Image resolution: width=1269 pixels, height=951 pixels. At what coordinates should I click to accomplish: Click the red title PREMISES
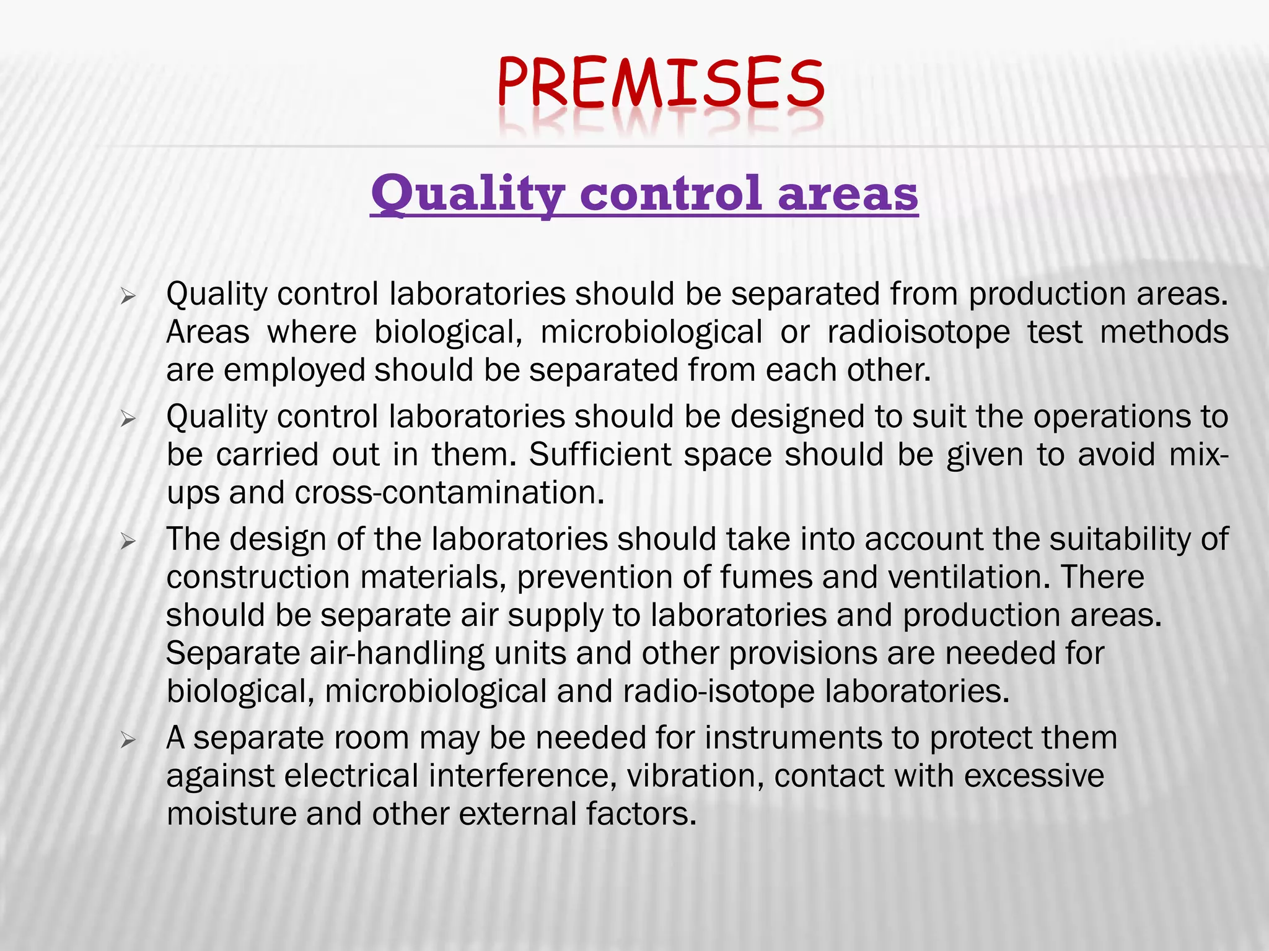pyautogui.click(x=661, y=83)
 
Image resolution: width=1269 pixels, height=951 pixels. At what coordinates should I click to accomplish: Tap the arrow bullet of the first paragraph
pyautogui.click(x=128, y=297)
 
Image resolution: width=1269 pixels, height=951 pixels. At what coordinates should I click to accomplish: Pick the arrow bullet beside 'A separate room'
pyautogui.click(x=128, y=740)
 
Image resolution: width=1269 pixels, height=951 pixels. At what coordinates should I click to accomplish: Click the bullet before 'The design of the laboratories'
pyautogui.click(x=128, y=542)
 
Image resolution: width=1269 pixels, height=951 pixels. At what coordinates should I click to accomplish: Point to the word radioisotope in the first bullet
pyautogui.click(x=918, y=332)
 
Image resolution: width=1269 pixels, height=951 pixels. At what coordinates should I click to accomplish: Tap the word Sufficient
pyautogui.click(x=600, y=455)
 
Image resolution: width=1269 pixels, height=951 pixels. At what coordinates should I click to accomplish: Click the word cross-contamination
pyautogui.click(x=449, y=493)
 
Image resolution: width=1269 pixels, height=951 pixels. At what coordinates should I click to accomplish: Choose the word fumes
pyautogui.click(x=765, y=578)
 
